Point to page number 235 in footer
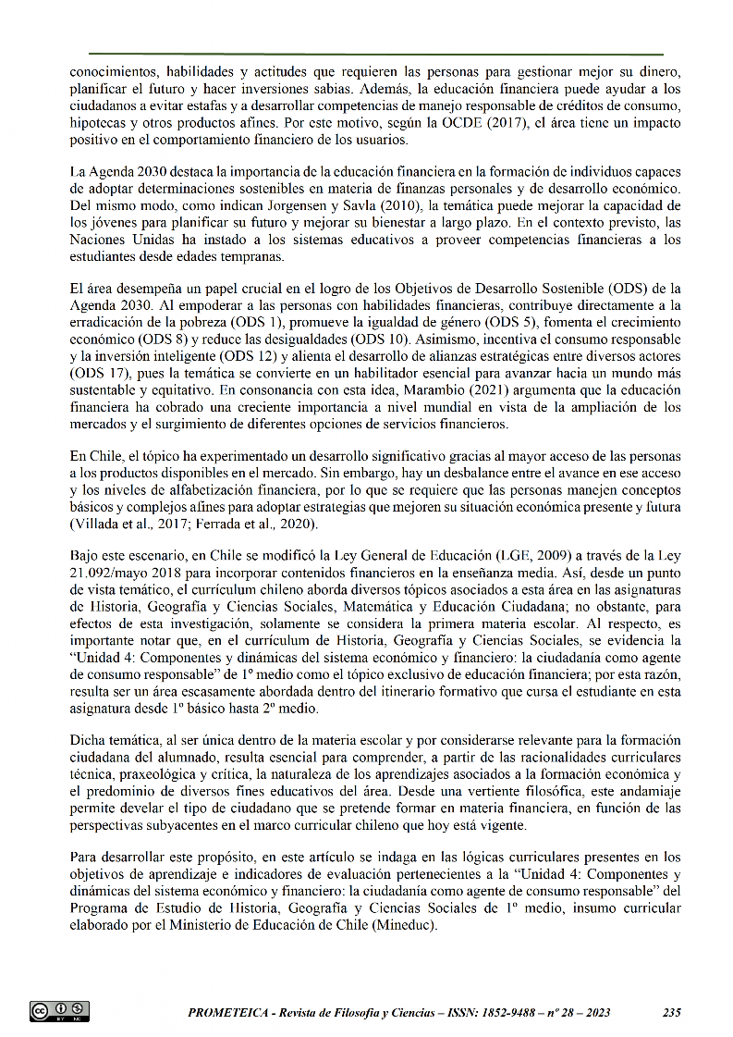pyautogui.click(x=672, y=1012)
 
